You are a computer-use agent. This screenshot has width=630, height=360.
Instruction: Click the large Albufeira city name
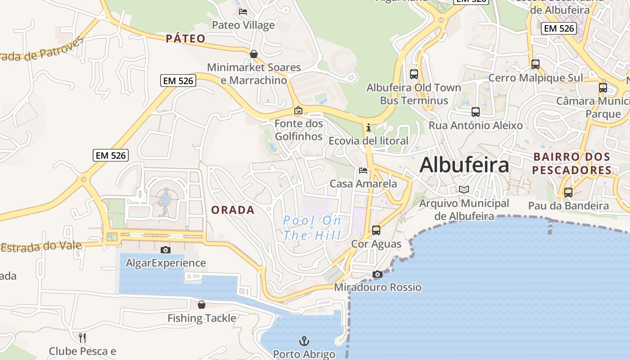point(464,165)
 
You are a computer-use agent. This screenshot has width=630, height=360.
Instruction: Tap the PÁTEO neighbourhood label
point(185,39)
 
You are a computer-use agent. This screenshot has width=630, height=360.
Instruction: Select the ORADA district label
point(233,210)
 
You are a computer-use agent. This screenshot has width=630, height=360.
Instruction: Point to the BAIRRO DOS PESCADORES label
point(571,163)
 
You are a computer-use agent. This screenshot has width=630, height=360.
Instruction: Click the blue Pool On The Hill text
point(312,228)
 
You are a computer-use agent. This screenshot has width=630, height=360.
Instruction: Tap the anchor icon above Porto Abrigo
point(305,341)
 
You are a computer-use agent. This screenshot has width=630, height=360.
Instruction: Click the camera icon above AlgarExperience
point(166,250)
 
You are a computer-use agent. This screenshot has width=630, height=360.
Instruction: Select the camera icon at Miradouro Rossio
point(378,274)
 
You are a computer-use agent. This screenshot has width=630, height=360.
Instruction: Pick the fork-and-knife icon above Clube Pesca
point(82,337)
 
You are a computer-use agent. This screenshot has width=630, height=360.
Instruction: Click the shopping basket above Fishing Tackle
point(202,305)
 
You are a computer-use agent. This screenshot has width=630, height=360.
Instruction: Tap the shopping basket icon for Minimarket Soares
point(254,54)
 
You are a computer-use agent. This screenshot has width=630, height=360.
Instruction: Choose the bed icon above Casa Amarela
point(363,171)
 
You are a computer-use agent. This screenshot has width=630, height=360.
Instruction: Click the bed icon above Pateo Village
point(243,12)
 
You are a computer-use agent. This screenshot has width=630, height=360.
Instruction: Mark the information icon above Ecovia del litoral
point(369,127)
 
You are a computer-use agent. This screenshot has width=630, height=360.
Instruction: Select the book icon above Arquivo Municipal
point(464,190)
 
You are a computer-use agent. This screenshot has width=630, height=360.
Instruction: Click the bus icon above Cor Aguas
point(376,230)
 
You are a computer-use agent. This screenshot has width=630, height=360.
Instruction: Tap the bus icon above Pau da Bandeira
point(568,193)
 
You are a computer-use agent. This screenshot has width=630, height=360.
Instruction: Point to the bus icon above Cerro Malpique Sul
point(535,64)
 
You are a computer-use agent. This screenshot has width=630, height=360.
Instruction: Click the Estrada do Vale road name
point(41,247)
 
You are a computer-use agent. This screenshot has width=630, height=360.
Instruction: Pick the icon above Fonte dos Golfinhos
point(298,110)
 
